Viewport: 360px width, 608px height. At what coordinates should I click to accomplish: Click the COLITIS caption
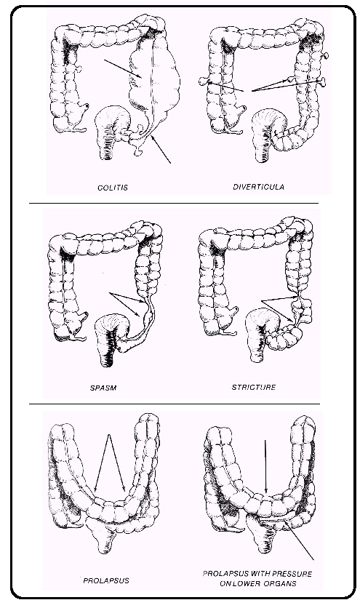click(113, 188)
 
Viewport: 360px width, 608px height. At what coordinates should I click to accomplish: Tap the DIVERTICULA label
click(258, 187)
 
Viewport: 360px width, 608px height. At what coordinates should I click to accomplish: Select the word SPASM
click(103, 388)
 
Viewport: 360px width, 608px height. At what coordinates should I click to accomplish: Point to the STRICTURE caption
click(254, 387)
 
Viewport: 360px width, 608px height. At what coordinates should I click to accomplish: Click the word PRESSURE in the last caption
click(292, 574)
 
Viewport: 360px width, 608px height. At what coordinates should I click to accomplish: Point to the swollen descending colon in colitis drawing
click(155, 78)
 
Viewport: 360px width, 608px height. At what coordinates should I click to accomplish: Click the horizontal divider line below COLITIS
click(173, 203)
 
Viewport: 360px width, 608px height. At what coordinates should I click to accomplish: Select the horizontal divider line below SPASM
click(175, 404)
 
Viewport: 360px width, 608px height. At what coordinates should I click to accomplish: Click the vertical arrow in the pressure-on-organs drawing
click(265, 467)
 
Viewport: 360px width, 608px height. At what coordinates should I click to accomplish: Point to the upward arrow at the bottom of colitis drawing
click(161, 149)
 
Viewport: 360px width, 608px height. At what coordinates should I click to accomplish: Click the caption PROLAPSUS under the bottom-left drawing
click(106, 580)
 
